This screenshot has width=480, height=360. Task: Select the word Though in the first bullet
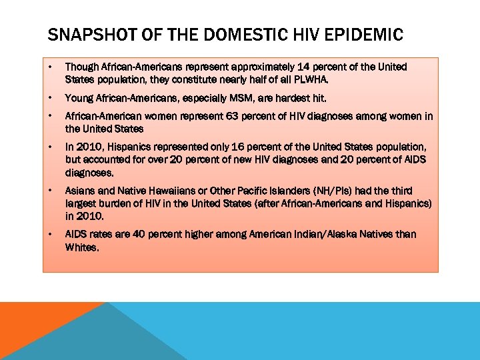click(82, 67)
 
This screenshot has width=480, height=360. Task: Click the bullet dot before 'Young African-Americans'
click(50, 98)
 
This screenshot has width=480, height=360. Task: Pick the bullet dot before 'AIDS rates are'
click(50, 234)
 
